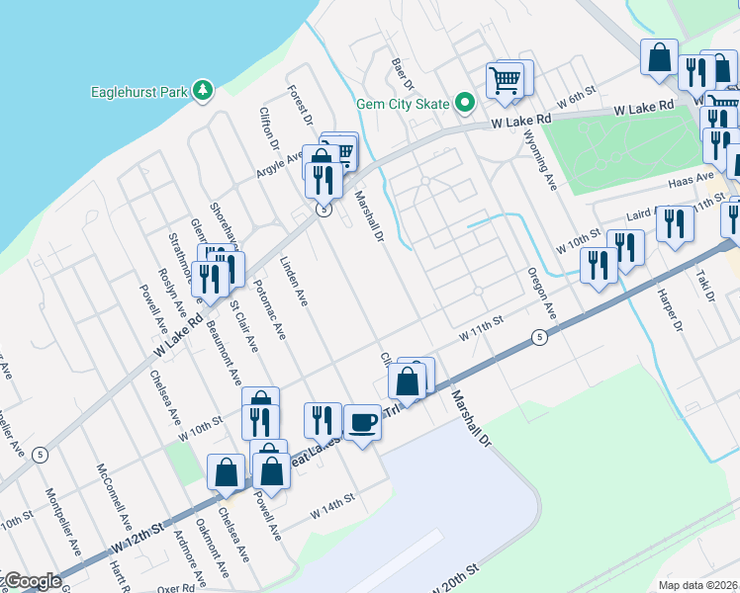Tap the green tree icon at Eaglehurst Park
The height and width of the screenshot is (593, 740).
click(204, 91)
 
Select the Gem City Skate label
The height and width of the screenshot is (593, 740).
click(404, 104)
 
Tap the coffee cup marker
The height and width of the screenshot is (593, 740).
click(362, 422)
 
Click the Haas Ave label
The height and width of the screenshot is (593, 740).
click(691, 180)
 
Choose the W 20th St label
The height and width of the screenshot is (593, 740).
click(456, 579)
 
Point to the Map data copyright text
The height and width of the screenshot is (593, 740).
click(698, 585)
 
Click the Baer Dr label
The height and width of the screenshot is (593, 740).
click(401, 70)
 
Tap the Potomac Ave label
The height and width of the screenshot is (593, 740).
click(269, 315)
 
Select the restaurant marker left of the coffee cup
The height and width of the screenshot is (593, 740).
click(323, 420)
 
